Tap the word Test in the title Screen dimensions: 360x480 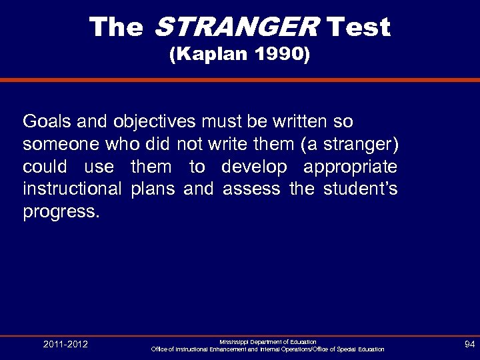point(359,27)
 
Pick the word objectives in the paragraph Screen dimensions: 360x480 point(154,121)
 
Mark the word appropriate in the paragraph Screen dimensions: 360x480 point(351,167)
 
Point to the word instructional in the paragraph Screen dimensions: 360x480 point(72,189)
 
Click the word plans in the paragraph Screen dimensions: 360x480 point(153,189)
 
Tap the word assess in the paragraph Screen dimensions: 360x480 point(251,189)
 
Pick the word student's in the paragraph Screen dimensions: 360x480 point(361,189)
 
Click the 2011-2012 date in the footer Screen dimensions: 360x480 point(65,345)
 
